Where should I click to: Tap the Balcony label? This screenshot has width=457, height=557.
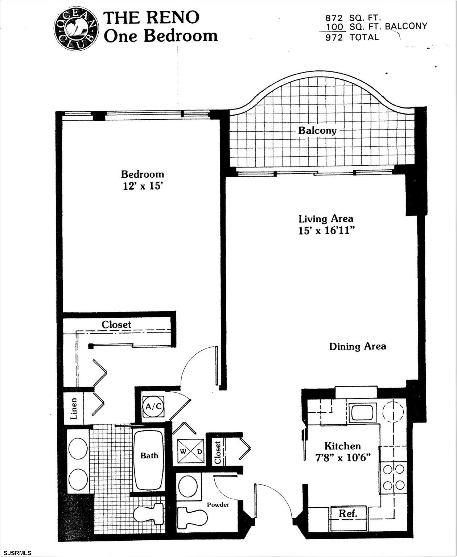pyautogui.click(x=317, y=130)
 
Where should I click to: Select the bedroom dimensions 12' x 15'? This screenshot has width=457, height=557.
pyautogui.click(x=142, y=186)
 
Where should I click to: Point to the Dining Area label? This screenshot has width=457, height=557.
pyautogui.click(x=357, y=346)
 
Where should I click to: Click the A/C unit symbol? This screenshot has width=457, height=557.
pyautogui.click(x=153, y=407)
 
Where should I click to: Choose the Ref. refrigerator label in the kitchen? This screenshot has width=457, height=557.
pyautogui.click(x=348, y=513)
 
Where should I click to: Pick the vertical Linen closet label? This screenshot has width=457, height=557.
pyautogui.click(x=74, y=409)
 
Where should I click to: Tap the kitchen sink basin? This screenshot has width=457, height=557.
pyautogui.click(x=363, y=412)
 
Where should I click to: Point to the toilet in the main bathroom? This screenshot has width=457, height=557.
pyautogui.click(x=149, y=512)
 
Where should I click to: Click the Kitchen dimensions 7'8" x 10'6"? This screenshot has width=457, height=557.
pyautogui.click(x=342, y=458)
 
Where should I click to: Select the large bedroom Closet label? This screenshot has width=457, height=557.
pyautogui.click(x=116, y=325)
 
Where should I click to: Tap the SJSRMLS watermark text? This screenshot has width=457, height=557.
pyautogui.click(x=16, y=553)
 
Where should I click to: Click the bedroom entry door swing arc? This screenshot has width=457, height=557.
pyautogui.click(x=192, y=363)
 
